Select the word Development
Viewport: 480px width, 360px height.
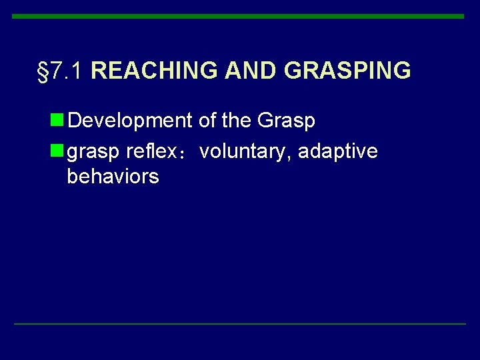coord(130,121)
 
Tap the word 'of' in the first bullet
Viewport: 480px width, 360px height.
coord(207,121)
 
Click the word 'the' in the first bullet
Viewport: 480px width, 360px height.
coord(236,121)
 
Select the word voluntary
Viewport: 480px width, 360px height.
coord(244,153)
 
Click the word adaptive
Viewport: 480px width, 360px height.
coord(338,153)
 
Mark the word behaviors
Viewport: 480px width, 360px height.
coord(113,177)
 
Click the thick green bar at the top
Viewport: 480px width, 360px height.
coord(238,16)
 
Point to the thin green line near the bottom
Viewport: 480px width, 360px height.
coord(240,324)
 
